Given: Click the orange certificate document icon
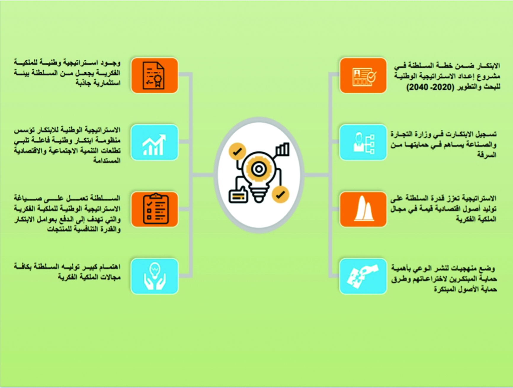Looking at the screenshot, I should coord(154,75).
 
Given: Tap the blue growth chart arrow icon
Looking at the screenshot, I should coord(154,143).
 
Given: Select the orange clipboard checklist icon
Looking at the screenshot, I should coord(154,209).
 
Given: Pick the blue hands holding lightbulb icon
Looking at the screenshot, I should coord(154,276).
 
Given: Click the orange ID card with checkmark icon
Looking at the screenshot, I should coord(363,75).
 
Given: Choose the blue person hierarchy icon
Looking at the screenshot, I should coord(363,143).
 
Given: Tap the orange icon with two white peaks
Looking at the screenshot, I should coord(363,209).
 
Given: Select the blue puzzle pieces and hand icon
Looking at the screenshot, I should coord(363,276).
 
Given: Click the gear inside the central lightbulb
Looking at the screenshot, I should coord(259,169).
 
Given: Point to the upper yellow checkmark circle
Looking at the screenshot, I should coord(237,152).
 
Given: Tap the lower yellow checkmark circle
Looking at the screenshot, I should coord(280,195).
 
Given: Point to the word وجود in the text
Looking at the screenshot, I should coord(110,63).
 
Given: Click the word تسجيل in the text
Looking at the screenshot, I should coord(486,134).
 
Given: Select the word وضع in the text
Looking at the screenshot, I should coord(488,268).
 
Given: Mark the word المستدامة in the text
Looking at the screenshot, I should coord(107,161).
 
